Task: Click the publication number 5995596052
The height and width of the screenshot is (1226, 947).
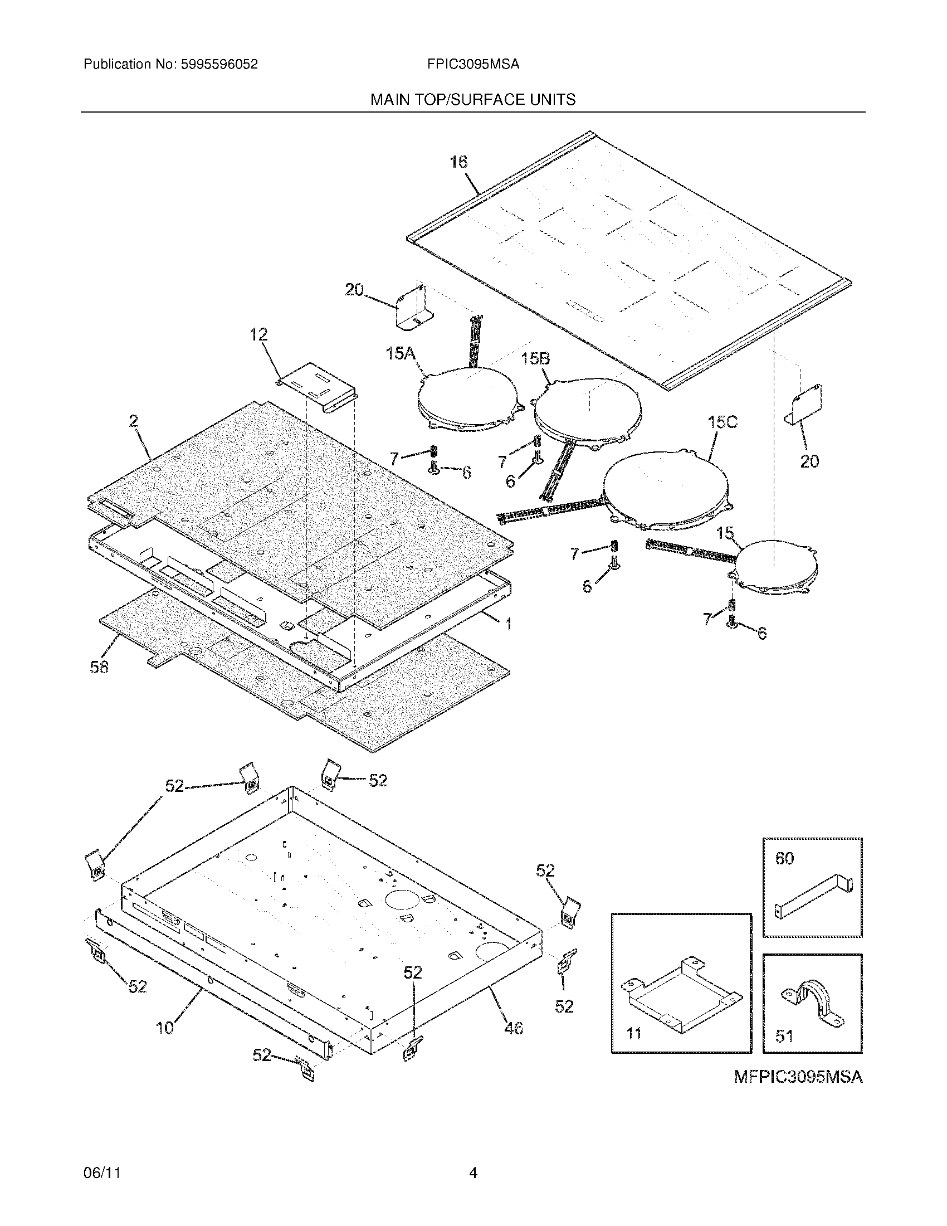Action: click(219, 65)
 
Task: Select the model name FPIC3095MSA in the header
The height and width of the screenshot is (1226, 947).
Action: click(473, 65)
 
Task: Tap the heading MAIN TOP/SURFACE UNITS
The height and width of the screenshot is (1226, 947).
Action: click(473, 100)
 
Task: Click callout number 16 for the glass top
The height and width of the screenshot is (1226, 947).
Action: click(458, 162)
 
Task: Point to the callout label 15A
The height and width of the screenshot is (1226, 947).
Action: click(400, 354)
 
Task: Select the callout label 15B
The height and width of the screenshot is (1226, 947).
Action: click(535, 359)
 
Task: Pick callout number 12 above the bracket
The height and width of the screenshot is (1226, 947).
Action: click(258, 335)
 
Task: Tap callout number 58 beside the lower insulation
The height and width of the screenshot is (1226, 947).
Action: click(99, 667)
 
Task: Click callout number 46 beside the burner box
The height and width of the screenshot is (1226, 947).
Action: click(514, 1028)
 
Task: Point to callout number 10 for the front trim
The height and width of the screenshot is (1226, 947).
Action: click(165, 1028)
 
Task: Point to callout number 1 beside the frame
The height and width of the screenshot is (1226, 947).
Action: click(508, 623)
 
